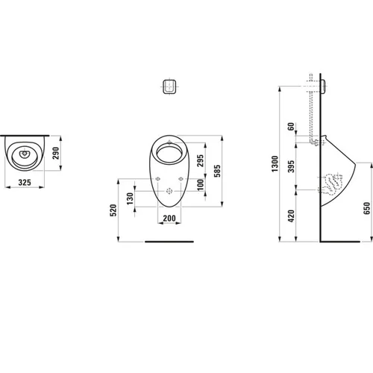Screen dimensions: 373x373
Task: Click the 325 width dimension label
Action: (x=25, y=183)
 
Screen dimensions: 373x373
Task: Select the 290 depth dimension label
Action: (x=56, y=153)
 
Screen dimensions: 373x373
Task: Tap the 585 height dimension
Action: (x=217, y=171)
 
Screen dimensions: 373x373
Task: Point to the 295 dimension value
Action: (x=200, y=160)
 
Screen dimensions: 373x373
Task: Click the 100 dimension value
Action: (x=200, y=185)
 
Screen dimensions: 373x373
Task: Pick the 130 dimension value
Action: (x=130, y=198)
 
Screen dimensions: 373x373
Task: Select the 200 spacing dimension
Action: (x=169, y=219)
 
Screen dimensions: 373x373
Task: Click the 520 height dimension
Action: (x=113, y=210)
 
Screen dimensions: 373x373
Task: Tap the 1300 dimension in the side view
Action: (x=275, y=163)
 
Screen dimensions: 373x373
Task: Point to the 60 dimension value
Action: (x=291, y=126)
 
